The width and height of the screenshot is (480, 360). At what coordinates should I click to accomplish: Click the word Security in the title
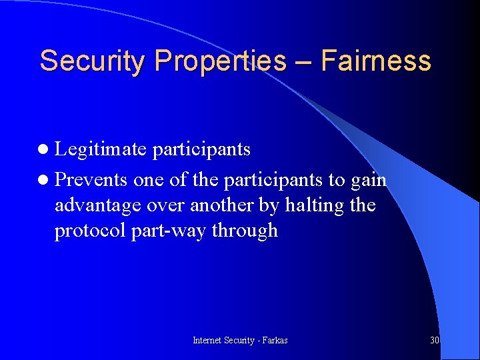click(93, 61)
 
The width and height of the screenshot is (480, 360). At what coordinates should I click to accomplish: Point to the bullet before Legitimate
click(44, 150)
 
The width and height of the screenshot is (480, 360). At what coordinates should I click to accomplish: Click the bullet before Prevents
click(44, 181)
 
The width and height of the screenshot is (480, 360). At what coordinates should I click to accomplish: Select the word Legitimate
click(100, 150)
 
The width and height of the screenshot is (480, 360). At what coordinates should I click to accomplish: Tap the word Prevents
click(91, 181)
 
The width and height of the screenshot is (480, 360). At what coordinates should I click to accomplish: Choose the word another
click(222, 205)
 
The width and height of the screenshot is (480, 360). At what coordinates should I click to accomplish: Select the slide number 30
click(435, 340)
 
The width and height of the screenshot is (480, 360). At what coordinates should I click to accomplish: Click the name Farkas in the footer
click(274, 340)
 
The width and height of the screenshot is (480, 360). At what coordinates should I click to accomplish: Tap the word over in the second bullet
click(168, 205)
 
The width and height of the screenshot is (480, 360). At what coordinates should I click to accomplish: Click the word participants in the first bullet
click(201, 150)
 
